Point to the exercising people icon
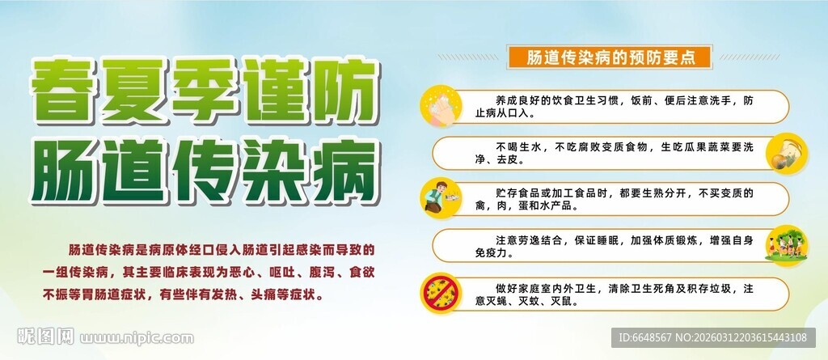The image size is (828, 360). coord(783,244)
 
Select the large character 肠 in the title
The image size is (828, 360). coord(67,167)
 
